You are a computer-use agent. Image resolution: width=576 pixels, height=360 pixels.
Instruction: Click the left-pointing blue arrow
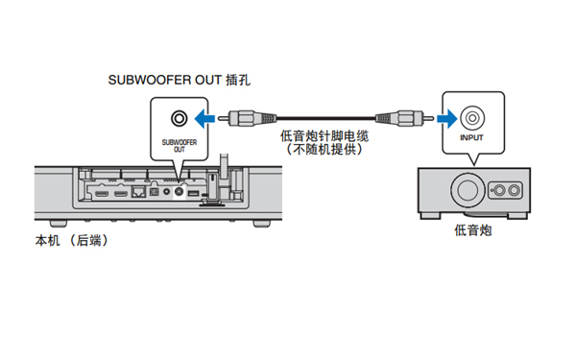tap(204, 118)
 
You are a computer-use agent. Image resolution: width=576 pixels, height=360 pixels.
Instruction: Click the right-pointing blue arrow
tap(447, 118)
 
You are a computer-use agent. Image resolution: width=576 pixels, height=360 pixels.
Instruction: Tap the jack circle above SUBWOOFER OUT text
tap(179, 118)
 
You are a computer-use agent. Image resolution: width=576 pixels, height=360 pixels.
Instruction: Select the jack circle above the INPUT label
tap(472, 118)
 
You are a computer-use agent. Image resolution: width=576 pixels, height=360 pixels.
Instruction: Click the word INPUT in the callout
tap(471, 137)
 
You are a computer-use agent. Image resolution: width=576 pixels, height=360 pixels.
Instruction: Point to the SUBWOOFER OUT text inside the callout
tap(180, 146)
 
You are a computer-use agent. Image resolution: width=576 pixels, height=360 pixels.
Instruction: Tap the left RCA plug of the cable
tap(247, 118)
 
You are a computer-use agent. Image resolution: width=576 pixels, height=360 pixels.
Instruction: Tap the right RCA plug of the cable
tap(404, 118)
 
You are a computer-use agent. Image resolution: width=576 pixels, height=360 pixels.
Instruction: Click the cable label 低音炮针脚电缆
tap(324, 136)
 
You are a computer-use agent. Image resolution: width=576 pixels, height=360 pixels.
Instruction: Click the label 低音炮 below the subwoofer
tap(473, 230)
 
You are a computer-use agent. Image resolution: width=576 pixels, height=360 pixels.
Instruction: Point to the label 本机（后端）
tap(72, 241)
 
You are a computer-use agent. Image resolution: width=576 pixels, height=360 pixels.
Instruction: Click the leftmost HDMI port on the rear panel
tap(102, 193)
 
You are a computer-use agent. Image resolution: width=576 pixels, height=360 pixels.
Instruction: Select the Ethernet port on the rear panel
tap(138, 192)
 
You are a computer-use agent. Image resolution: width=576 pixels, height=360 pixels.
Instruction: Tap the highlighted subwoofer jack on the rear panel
tap(179, 191)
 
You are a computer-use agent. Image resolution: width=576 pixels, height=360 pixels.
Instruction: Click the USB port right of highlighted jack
tap(193, 193)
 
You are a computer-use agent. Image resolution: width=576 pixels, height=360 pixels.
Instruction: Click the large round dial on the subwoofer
tap(468, 190)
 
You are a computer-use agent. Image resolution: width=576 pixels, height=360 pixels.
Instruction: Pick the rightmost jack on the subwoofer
tap(514, 190)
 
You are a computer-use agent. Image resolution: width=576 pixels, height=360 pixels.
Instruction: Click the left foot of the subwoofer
tap(430, 216)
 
